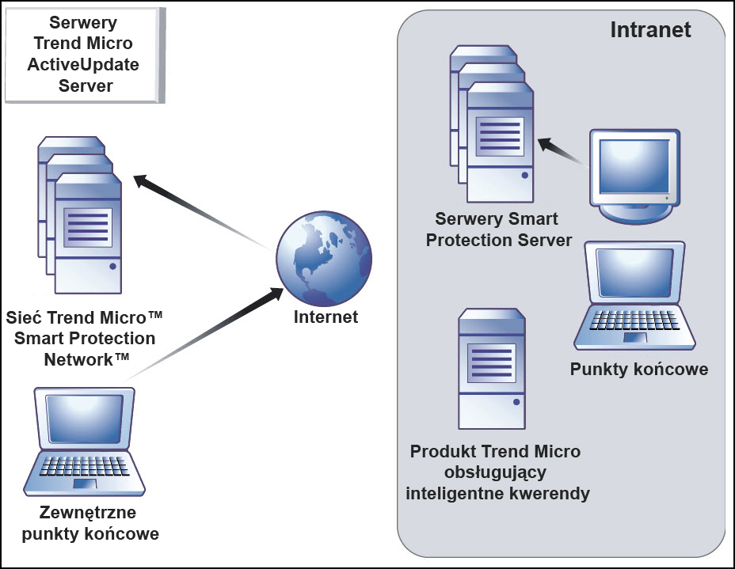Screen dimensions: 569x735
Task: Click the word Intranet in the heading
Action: click(650, 29)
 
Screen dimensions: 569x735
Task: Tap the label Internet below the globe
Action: click(326, 317)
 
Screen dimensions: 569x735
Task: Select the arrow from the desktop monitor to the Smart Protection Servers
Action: click(562, 151)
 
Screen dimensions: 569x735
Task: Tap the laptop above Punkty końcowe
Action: click(634, 296)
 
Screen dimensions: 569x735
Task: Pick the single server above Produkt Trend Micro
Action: click(492, 369)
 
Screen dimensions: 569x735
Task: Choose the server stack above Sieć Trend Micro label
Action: click(80, 214)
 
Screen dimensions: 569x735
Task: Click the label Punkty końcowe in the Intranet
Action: click(639, 370)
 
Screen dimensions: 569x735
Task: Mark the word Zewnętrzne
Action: click(89, 513)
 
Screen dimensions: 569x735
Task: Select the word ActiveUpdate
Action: click(83, 65)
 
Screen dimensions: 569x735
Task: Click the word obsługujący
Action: click(495, 473)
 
